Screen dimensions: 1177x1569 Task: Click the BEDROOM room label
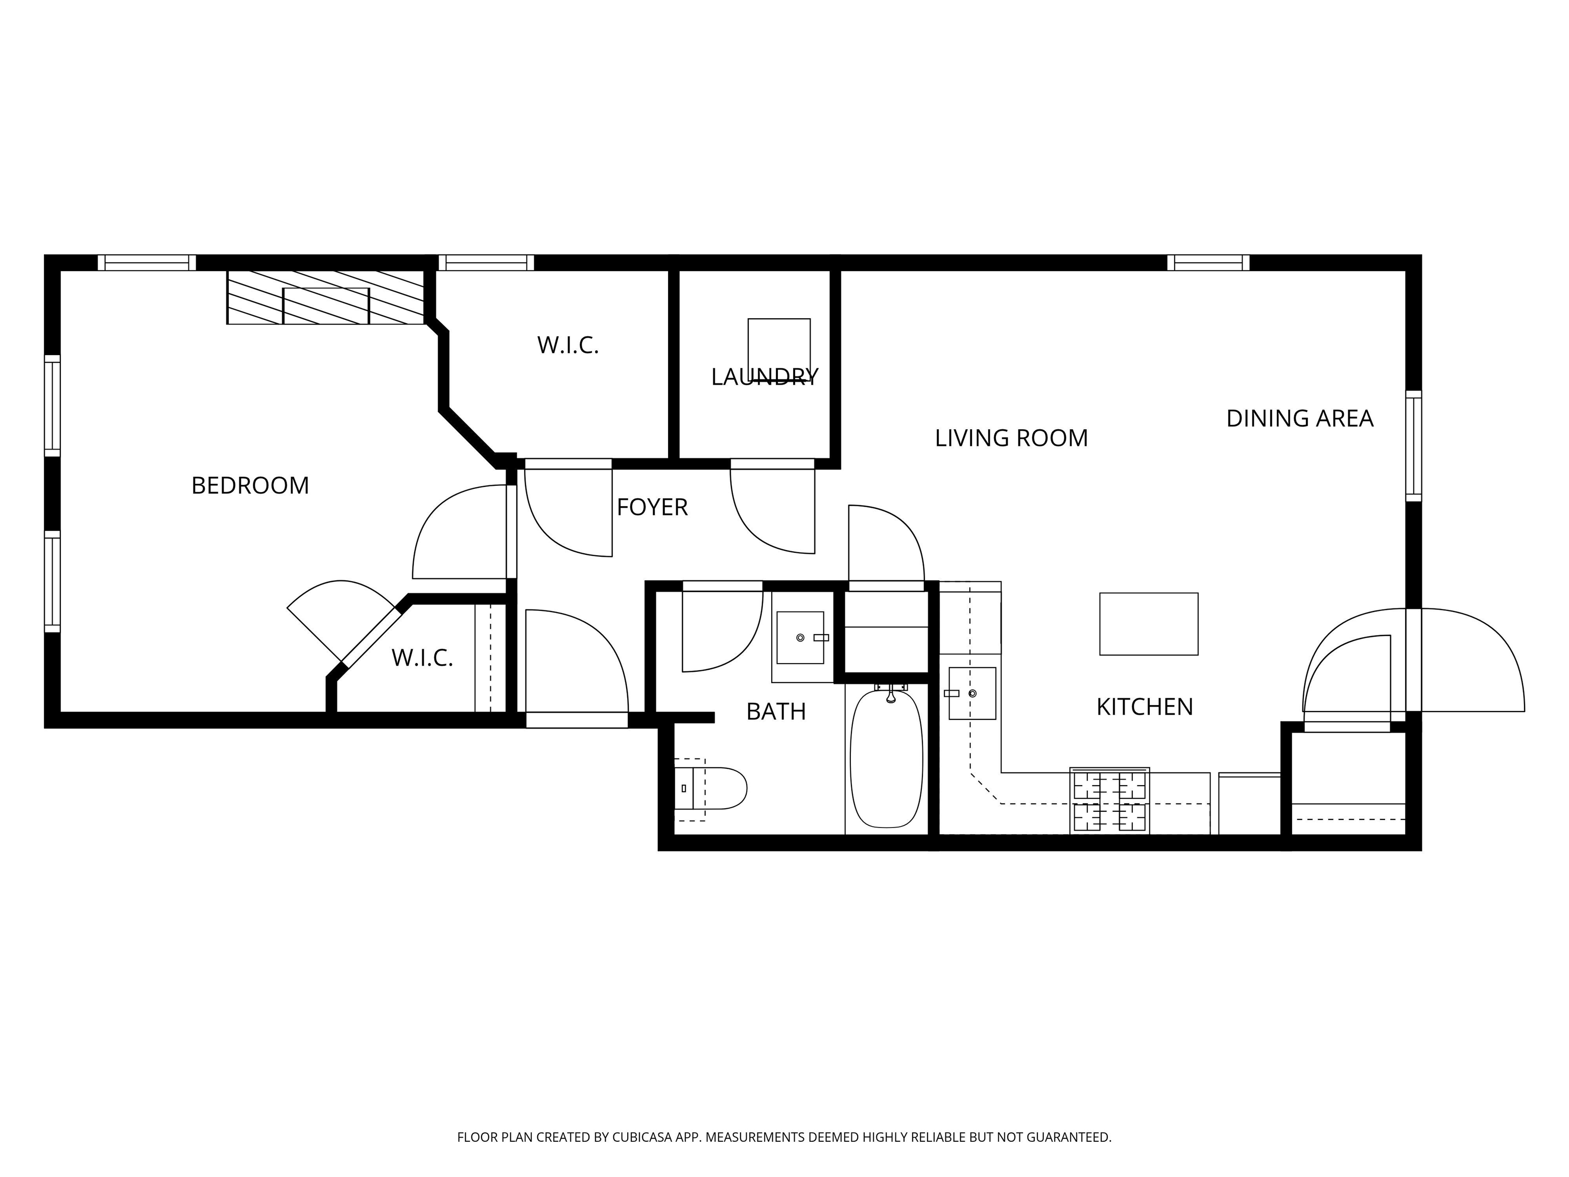point(250,486)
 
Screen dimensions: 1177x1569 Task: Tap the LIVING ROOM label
point(1011,438)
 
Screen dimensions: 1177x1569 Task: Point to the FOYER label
point(652,507)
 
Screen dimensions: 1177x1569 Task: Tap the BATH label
point(776,712)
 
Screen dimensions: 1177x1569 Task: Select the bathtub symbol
point(886,759)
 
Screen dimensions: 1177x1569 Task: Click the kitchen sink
point(972,693)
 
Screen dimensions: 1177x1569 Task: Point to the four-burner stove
point(1109,801)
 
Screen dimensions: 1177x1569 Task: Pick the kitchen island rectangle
point(1148,624)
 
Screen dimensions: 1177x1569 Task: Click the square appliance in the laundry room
point(779,348)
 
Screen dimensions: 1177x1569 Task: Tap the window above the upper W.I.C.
point(486,263)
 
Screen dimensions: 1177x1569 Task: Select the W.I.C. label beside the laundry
point(567,345)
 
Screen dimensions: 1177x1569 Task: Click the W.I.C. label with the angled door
point(422,658)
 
